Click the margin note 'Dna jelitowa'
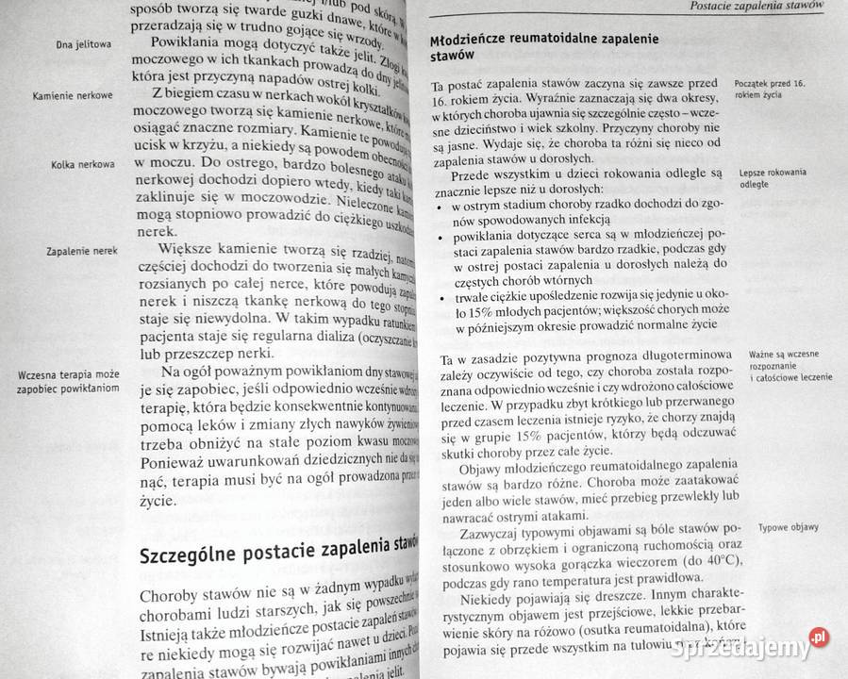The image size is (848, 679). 84,44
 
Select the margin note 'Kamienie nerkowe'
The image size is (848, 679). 73,96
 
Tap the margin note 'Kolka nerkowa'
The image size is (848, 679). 83,165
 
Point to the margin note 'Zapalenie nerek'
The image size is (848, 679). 80,252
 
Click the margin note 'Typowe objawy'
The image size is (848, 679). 788,528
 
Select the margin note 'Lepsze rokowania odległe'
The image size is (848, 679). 773,178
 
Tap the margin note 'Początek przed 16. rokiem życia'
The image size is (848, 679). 769,90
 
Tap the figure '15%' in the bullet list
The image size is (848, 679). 470,310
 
